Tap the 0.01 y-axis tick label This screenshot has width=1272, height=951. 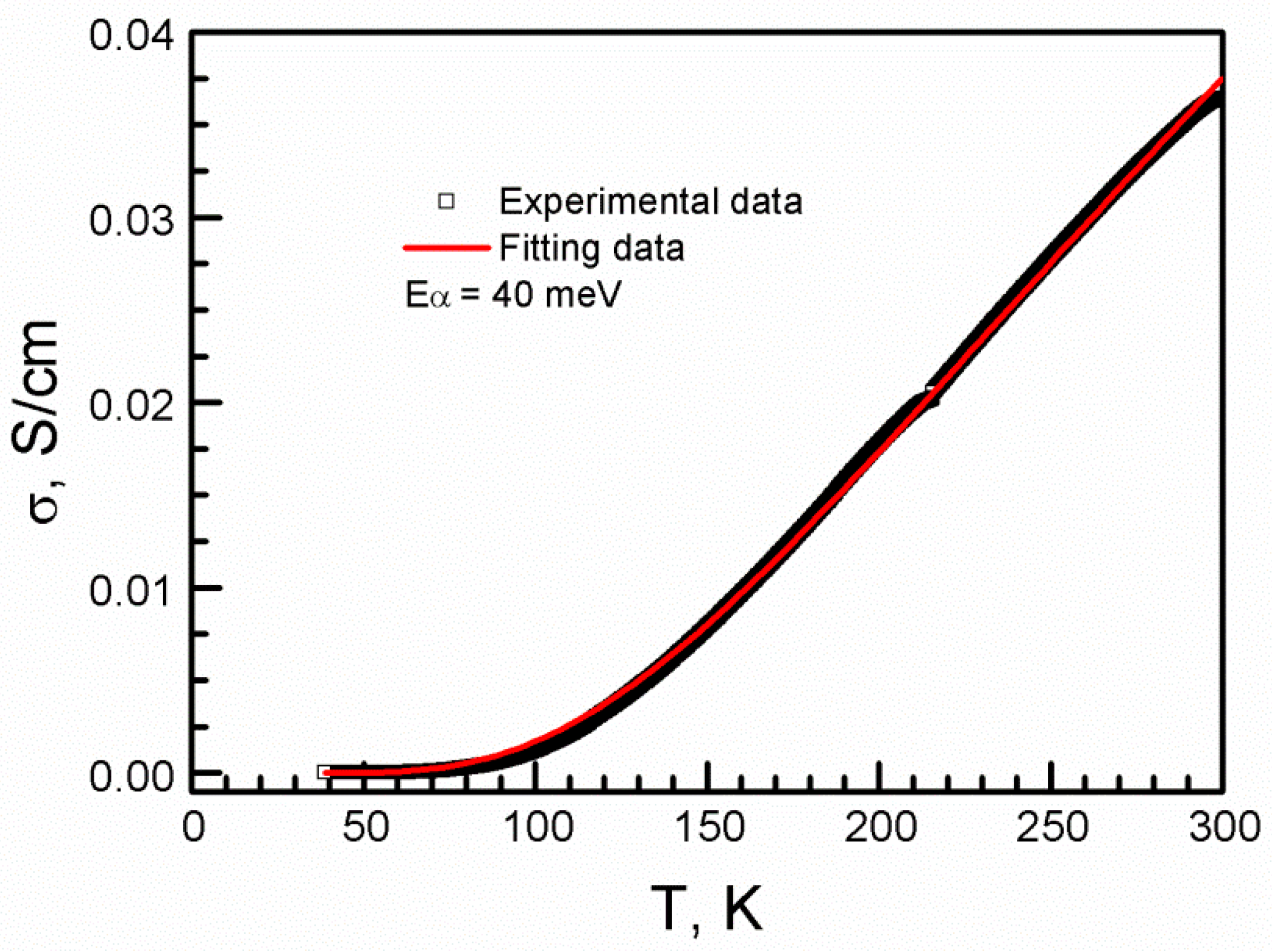tap(131, 590)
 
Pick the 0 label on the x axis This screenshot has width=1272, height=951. tap(194, 827)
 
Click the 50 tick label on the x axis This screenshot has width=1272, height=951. tap(365, 827)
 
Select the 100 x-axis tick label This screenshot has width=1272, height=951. tap(537, 827)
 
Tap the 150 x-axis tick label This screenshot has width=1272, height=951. tap(709, 827)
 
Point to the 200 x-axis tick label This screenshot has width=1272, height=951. tap(880, 827)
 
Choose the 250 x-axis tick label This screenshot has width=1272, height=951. tap(1052, 827)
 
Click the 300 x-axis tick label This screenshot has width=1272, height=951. tap(1223, 827)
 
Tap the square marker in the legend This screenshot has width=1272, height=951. tap(446, 201)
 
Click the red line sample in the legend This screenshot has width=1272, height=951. tap(446, 248)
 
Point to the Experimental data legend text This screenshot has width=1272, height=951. tap(650, 201)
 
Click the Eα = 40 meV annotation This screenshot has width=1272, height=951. tap(513, 294)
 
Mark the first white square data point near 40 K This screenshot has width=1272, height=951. tap(324, 771)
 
